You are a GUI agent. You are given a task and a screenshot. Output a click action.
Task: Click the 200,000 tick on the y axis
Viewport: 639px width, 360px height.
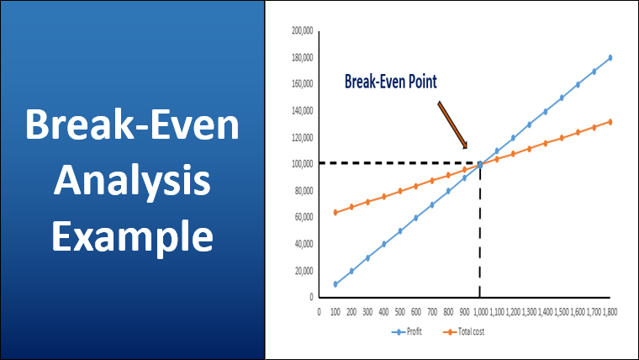[x=302, y=31]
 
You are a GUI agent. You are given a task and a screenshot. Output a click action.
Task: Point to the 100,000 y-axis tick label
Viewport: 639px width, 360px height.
[x=302, y=164]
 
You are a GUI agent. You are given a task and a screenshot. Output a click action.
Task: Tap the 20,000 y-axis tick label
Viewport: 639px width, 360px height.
[x=303, y=270]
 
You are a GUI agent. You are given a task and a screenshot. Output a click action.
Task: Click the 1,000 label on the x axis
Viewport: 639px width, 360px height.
[x=480, y=311]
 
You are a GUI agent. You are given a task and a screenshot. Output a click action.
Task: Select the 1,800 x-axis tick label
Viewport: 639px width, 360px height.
[x=610, y=311]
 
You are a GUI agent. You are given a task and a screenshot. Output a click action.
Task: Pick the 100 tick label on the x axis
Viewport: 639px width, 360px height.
[x=335, y=311]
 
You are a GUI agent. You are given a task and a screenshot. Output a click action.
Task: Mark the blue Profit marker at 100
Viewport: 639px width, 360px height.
[x=335, y=284]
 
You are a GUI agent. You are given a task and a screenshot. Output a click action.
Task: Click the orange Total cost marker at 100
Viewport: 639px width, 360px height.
[x=335, y=212]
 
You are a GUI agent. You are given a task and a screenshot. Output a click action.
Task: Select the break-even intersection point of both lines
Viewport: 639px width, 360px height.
[x=480, y=164]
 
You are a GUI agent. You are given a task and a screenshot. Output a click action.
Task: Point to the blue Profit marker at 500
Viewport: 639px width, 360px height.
[x=400, y=230]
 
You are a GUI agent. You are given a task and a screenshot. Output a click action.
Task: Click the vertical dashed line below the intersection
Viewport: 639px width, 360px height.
[x=480, y=236]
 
